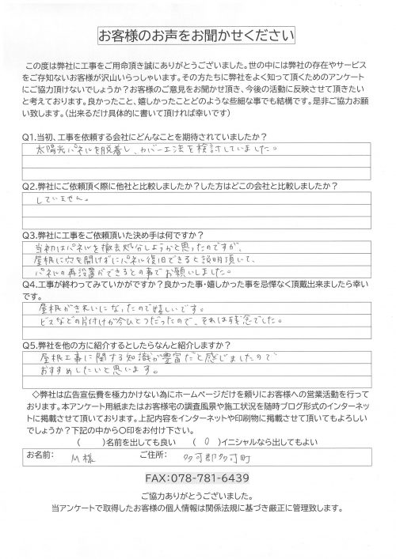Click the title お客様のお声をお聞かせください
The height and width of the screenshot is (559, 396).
(x=197, y=36)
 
